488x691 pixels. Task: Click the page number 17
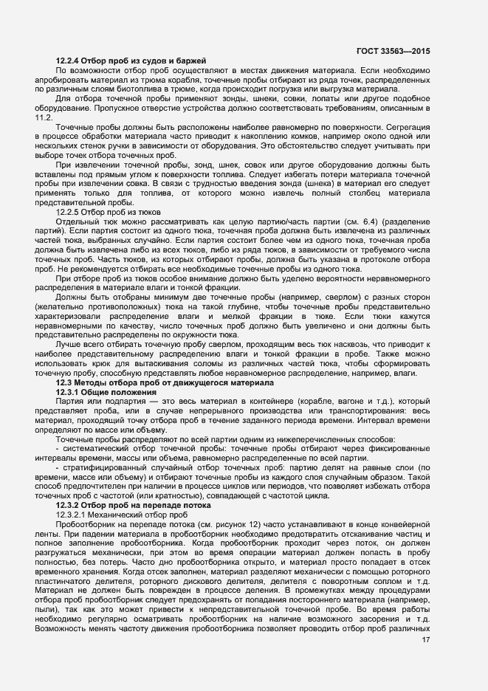coord(425,640)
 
